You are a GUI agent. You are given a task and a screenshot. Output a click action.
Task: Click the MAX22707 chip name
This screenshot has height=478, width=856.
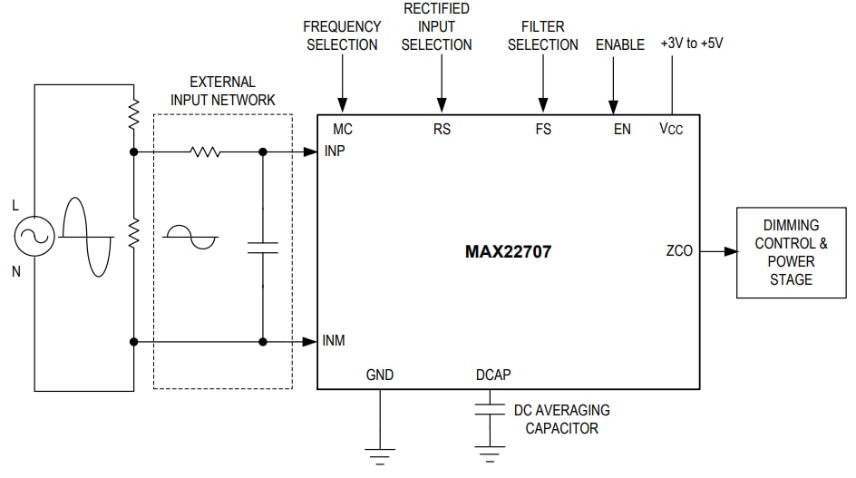click(x=508, y=251)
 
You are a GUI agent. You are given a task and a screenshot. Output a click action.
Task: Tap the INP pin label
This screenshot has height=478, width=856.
click(x=335, y=151)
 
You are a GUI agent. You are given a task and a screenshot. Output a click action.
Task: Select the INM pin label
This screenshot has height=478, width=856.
click(x=335, y=341)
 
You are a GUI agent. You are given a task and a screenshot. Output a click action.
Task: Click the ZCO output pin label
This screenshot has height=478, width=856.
click(x=679, y=251)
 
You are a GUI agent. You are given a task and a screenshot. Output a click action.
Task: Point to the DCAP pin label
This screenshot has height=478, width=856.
click(x=493, y=375)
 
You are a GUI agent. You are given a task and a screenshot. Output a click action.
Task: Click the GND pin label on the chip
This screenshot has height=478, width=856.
click(x=380, y=375)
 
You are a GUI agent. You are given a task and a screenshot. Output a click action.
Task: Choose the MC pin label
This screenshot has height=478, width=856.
click(x=343, y=129)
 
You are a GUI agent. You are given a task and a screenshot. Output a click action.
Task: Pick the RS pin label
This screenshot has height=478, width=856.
click(x=442, y=129)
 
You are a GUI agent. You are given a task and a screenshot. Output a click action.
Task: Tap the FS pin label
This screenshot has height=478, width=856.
click(x=543, y=129)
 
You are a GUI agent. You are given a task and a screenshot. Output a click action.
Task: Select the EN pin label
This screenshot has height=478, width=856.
click(x=622, y=129)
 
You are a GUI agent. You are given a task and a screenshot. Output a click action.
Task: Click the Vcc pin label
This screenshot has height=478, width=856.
click(x=671, y=129)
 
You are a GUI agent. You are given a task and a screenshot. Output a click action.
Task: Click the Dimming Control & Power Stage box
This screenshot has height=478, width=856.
click(x=791, y=252)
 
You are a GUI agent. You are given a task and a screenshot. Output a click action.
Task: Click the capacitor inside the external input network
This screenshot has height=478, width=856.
click(x=263, y=248)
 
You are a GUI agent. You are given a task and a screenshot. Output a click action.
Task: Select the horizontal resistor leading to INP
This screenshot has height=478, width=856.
click(x=206, y=151)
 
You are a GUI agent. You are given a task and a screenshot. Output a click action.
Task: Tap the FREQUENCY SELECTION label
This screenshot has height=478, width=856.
click(x=342, y=35)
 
